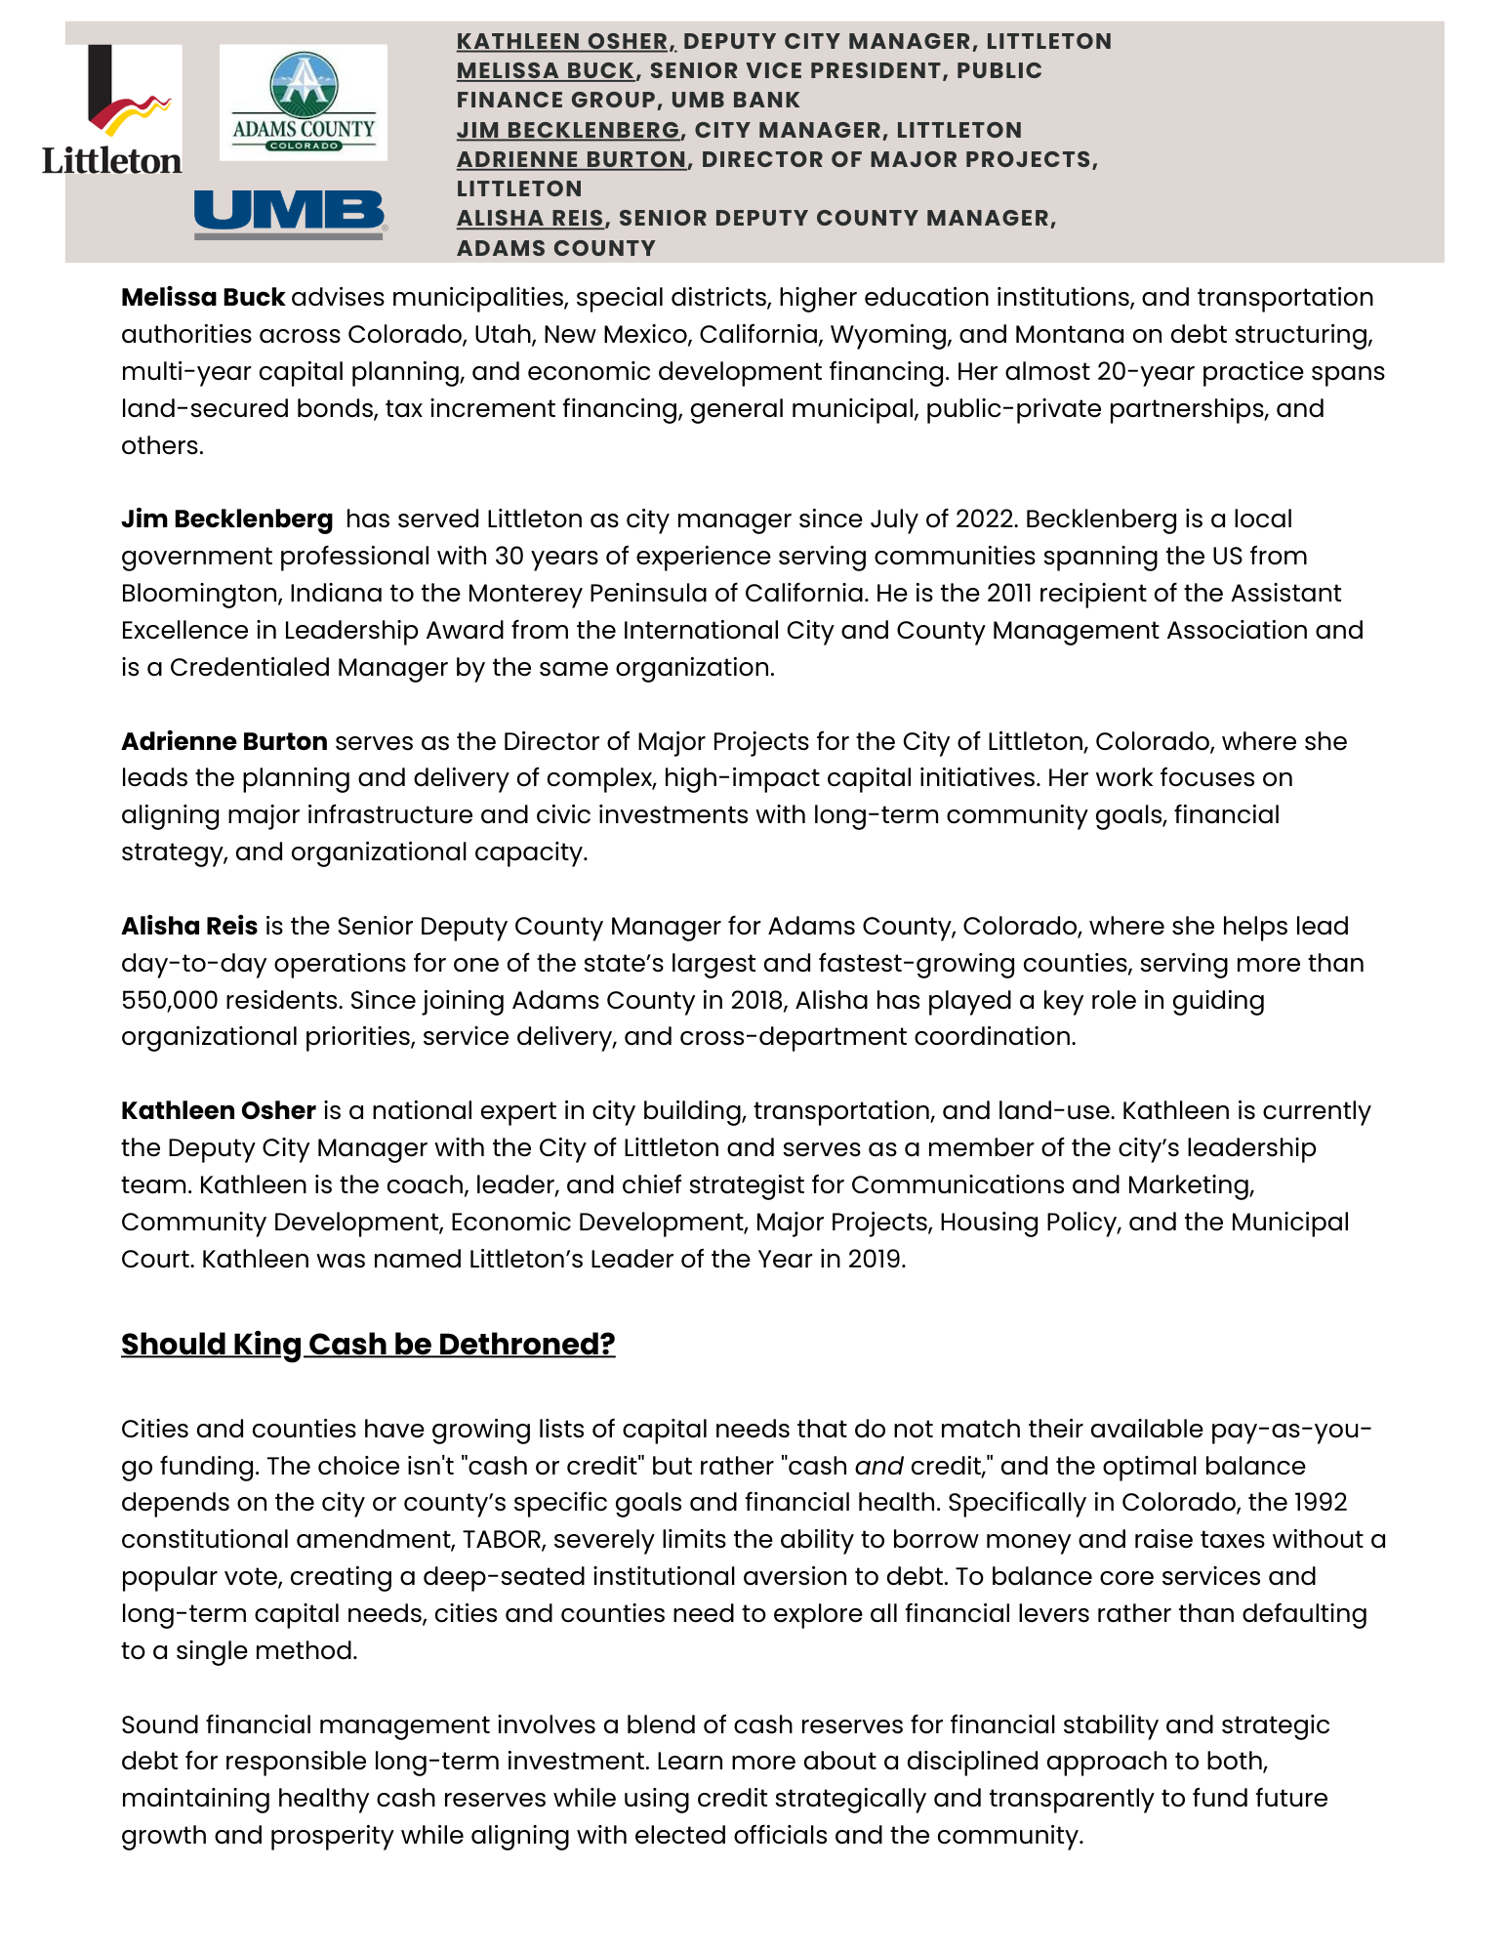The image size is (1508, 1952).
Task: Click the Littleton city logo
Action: pos(111,110)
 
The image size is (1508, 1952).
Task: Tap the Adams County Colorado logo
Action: pos(303,103)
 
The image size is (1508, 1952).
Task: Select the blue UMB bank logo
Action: pos(290,214)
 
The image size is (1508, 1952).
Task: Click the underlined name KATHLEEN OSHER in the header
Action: pos(562,42)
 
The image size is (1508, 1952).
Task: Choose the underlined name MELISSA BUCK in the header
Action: pos(546,71)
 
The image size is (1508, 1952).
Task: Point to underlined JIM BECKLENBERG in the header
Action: pos(568,130)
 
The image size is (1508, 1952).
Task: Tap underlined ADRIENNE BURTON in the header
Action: pos(572,159)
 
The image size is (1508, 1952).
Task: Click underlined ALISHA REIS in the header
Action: pos(530,218)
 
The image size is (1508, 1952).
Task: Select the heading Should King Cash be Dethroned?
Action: pos(368,1345)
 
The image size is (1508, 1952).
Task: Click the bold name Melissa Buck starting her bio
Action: pos(203,298)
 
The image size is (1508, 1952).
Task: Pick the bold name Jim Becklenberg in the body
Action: pos(226,519)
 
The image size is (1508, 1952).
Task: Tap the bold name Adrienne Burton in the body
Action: pos(224,742)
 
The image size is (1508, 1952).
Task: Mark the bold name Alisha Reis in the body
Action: pos(189,927)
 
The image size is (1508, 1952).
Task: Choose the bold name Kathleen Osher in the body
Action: pos(219,1111)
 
